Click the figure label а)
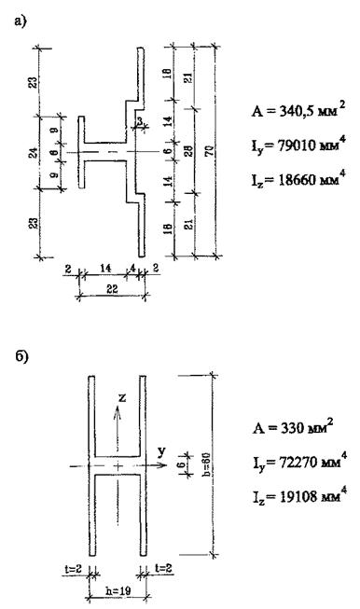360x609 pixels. pyautogui.click(x=20, y=21)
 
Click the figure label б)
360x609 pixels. pyautogui.click(x=21, y=357)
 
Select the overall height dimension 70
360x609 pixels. pyautogui.click(x=210, y=150)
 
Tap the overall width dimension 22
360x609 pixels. pyautogui.click(x=112, y=289)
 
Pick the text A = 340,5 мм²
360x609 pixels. pyautogui.click(x=298, y=110)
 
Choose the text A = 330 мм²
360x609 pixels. pyautogui.click(x=293, y=427)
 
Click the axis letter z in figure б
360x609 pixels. pyautogui.click(x=122, y=397)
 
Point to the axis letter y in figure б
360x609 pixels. pyautogui.click(x=161, y=451)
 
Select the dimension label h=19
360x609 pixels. pyautogui.click(x=118, y=590)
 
